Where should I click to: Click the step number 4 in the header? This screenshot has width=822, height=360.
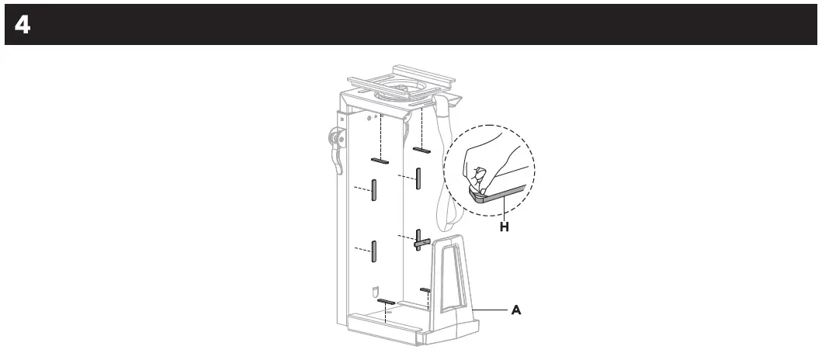pos(22,25)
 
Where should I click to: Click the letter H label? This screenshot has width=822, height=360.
pos(503,227)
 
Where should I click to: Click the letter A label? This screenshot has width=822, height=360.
pos(516,310)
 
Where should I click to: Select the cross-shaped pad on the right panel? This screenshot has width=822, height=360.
pos(420,242)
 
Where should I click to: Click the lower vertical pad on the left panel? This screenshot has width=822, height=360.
pos(373,251)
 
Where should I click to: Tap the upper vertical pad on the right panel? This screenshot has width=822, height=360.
pos(418,178)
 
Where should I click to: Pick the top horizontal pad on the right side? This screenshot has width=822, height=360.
pos(422,149)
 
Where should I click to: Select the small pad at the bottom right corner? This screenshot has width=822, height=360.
pos(425,289)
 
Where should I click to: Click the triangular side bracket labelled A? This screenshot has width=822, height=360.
pos(451,279)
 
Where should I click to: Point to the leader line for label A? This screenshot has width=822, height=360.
pos(491,310)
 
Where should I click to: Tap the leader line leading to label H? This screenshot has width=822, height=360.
pos(503,209)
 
